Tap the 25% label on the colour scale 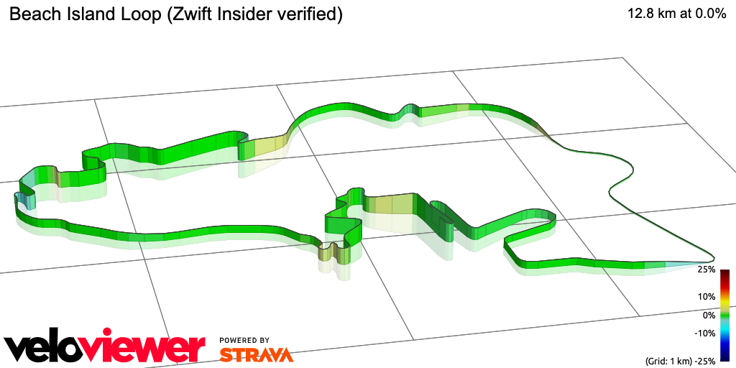coord(707,270)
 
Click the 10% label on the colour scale coord(707,296)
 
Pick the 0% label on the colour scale coord(709,315)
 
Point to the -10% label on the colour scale coord(705,333)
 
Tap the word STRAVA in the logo coord(257,354)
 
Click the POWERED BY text coord(244,340)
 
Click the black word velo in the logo coord(50,348)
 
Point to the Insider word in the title coord(248,14)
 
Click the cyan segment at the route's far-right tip coord(683,264)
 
